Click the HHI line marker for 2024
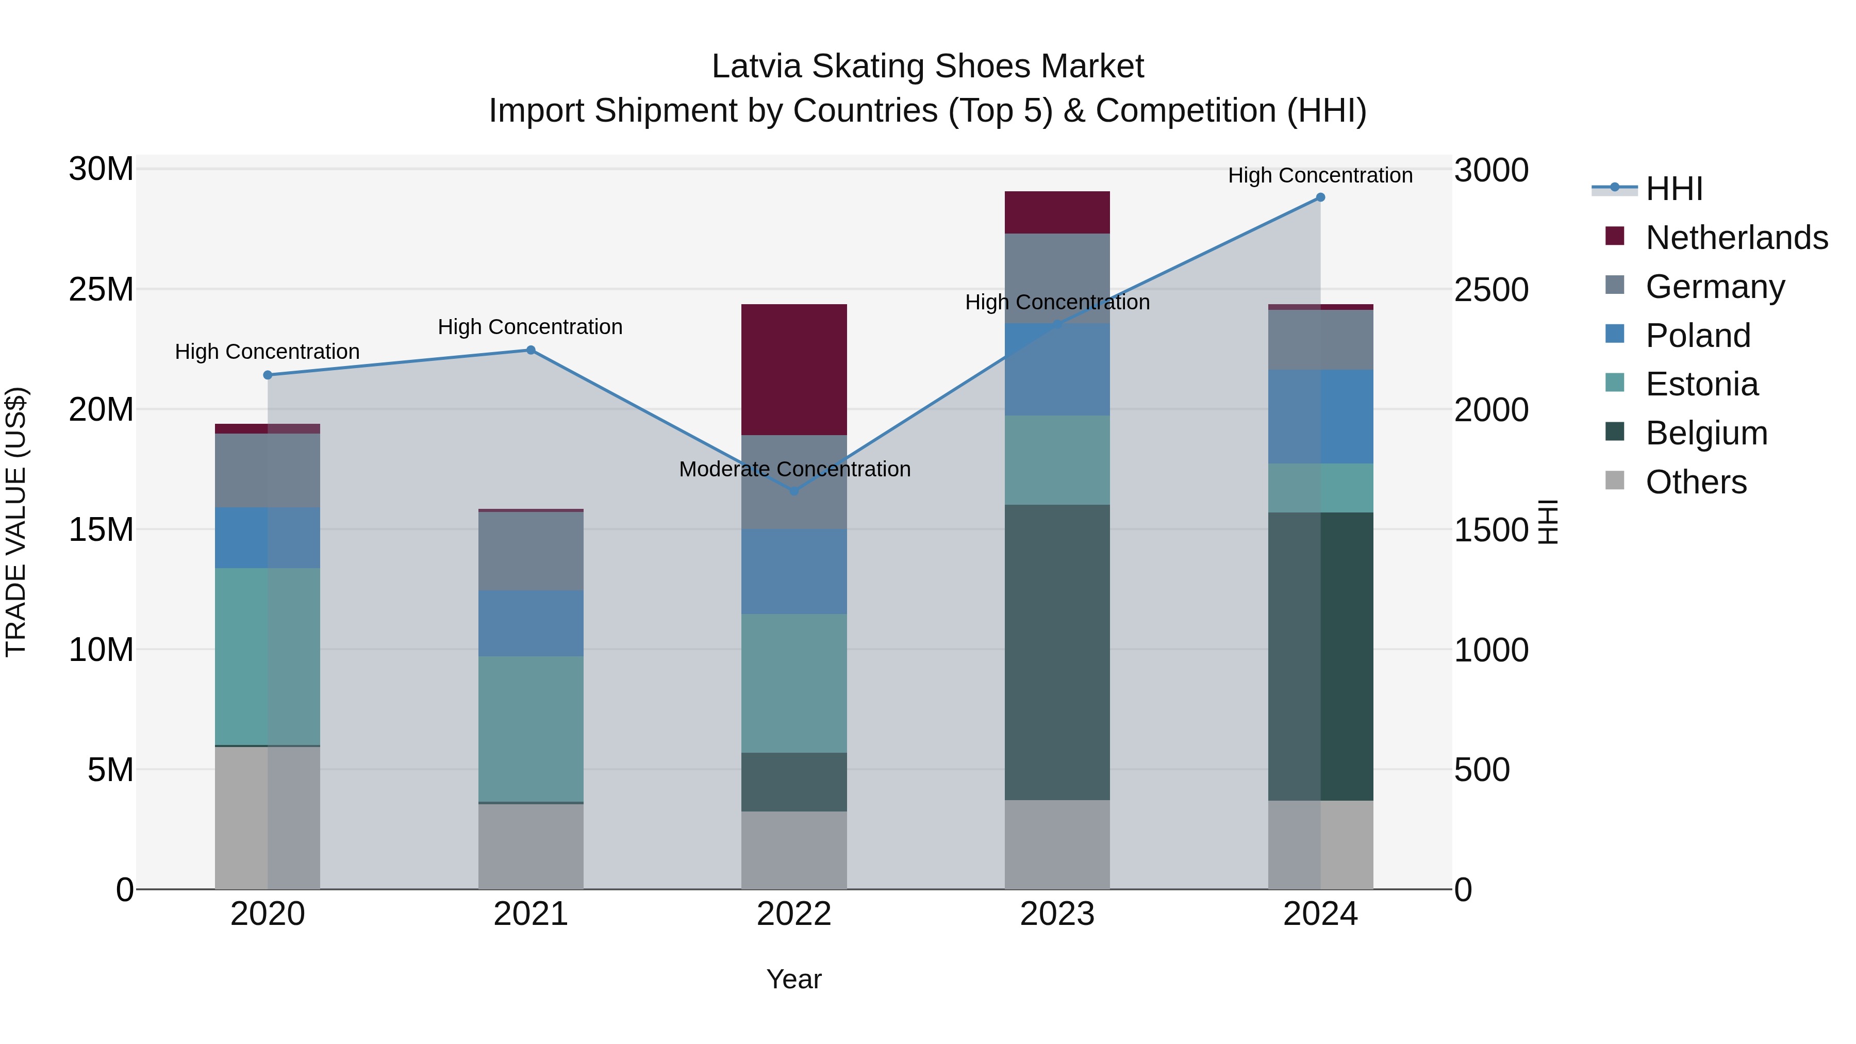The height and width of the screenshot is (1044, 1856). pos(1320,197)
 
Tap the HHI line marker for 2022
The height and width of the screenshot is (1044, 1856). pos(794,491)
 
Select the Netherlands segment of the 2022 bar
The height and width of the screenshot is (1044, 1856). pos(794,370)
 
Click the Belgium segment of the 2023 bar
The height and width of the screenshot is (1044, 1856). pos(1057,652)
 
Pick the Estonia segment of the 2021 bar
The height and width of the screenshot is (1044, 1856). pos(531,728)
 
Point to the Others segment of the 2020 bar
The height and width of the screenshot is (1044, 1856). pos(267,818)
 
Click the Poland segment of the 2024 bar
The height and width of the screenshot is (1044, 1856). pos(1320,417)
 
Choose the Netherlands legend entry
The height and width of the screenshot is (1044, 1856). pos(1736,238)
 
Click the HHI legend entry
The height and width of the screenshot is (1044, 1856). pos(1673,189)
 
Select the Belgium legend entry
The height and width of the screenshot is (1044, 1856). pos(1706,433)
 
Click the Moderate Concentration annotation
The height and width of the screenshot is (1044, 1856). pos(794,469)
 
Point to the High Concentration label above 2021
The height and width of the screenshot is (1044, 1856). pos(531,327)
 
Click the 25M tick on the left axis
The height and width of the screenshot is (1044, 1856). pos(101,290)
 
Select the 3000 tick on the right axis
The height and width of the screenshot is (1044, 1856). pos(1490,171)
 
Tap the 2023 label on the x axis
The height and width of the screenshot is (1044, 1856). pos(1057,914)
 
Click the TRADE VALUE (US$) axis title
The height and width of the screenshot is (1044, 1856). pos(16,522)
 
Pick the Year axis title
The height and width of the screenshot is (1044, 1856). pos(794,979)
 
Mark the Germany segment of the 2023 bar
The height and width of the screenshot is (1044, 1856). pos(1057,278)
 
